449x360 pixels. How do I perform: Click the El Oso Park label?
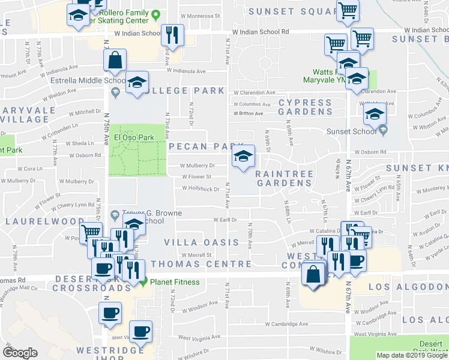point(127,137)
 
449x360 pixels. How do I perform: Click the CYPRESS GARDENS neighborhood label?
point(305,107)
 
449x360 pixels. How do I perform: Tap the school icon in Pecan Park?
point(243,157)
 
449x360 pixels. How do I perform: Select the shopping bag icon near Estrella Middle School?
point(114,60)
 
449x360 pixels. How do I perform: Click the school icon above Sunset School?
point(376,113)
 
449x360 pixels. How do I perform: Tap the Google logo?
point(20,353)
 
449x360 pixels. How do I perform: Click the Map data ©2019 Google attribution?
point(412,355)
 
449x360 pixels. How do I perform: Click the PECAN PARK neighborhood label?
point(205,146)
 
